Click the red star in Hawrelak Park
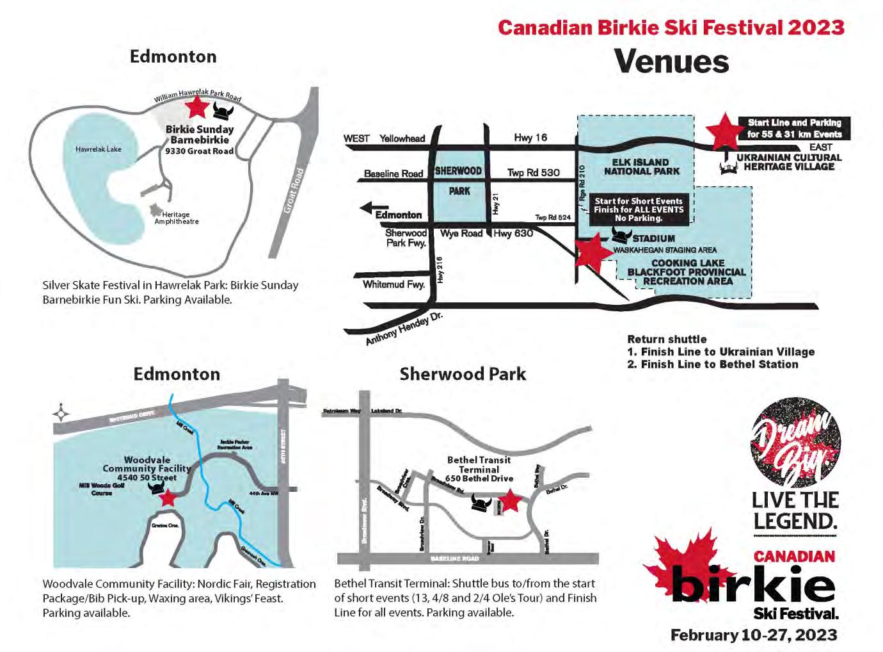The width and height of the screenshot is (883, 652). [197, 107]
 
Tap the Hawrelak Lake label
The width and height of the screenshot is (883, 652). [98, 149]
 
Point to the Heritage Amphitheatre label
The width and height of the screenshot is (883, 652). [176, 218]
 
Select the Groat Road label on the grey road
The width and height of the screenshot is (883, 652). [294, 190]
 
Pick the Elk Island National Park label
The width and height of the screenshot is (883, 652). [641, 167]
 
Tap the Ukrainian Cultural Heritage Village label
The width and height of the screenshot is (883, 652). [788, 162]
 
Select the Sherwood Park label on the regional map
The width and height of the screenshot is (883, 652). [459, 181]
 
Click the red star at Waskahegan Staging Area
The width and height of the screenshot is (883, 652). [593, 252]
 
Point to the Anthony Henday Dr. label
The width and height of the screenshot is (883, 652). [404, 329]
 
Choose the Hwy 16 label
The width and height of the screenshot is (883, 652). [530, 137]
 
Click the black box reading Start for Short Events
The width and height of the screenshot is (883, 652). [639, 209]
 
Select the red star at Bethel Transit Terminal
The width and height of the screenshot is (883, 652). [509, 501]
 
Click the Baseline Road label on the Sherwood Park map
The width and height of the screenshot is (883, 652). [455, 558]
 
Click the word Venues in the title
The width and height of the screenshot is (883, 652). [671, 61]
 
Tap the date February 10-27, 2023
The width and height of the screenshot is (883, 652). [754, 635]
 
